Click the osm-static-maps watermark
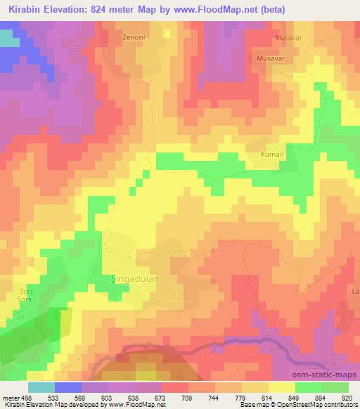point(328,377)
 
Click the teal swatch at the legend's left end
point(41,387)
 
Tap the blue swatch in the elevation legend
point(69,387)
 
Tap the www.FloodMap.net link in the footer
point(141,405)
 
